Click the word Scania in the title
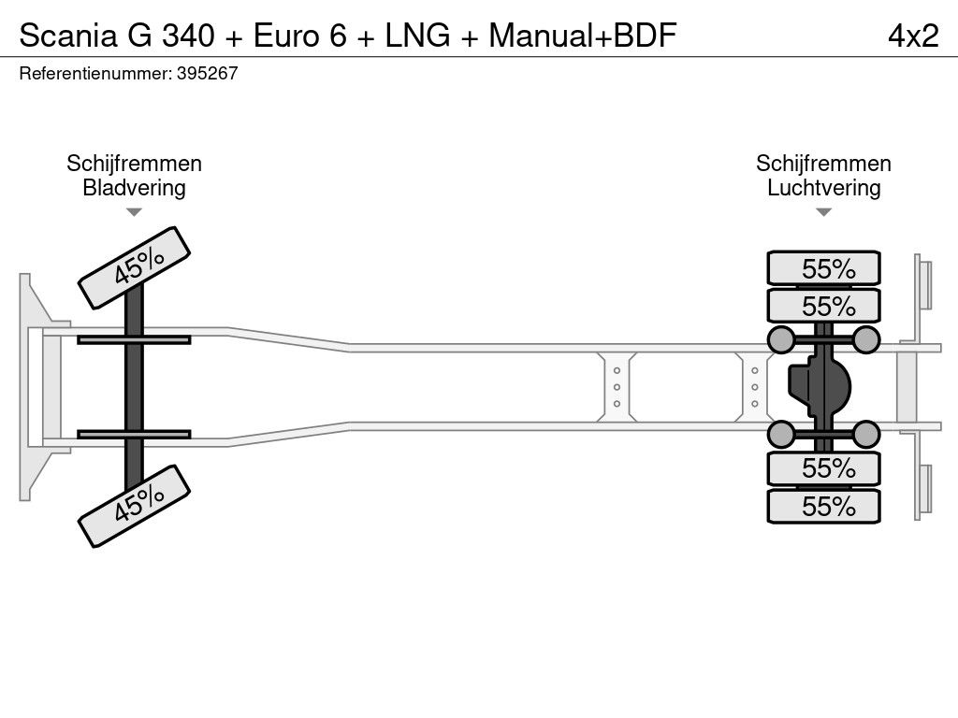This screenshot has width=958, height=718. pyautogui.click(x=65, y=35)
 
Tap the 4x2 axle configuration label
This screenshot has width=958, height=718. pyautogui.click(x=912, y=35)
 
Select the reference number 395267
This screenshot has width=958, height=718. pyautogui.click(x=207, y=74)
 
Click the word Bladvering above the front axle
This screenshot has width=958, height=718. pyautogui.click(x=134, y=188)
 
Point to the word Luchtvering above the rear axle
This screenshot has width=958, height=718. pyautogui.click(x=823, y=188)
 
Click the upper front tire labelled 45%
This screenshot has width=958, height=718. pyautogui.click(x=134, y=267)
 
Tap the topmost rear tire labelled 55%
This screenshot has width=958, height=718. pyautogui.click(x=823, y=268)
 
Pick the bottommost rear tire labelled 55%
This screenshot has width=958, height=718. pyautogui.click(x=823, y=507)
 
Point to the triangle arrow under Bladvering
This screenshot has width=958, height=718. pyautogui.click(x=134, y=212)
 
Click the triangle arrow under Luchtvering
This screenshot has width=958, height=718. pyautogui.click(x=823, y=212)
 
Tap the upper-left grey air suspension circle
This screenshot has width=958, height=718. pyautogui.click(x=780, y=338)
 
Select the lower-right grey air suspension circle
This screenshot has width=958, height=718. pyautogui.click(x=866, y=434)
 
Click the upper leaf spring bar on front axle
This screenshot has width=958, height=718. pyautogui.click(x=134, y=339)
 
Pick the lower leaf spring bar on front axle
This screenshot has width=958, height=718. pyautogui.click(x=134, y=434)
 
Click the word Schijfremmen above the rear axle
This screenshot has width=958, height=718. pyautogui.click(x=823, y=164)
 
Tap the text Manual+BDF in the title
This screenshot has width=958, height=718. pyautogui.click(x=583, y=35)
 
